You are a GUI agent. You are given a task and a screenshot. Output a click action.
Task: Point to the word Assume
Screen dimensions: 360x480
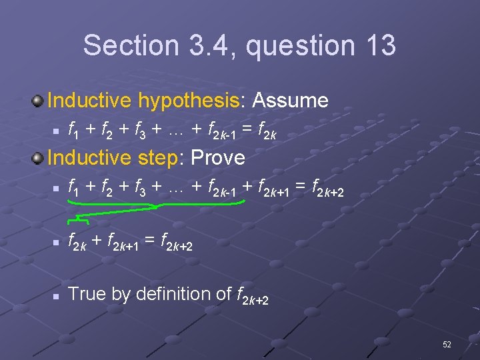coord(290,101)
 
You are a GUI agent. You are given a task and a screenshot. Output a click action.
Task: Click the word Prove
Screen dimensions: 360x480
coord(218,158)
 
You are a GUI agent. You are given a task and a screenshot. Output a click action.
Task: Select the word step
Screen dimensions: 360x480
coord(163,158)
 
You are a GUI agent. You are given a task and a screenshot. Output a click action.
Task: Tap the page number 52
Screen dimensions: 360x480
coord(446,344)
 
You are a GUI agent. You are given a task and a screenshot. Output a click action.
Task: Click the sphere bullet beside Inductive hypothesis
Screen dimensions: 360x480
coord(38,101)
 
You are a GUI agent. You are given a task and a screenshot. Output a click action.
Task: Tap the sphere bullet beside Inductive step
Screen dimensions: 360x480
coord(38,159)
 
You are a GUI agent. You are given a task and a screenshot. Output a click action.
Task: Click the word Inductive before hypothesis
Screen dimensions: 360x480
coord(90,101)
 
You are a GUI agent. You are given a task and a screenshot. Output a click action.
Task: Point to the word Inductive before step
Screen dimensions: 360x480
coord(90,158)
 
